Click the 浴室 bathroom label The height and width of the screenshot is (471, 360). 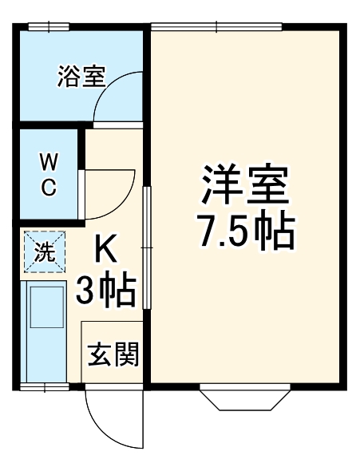click(x=81, y=77)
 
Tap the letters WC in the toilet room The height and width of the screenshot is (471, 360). click(x=49, y=176)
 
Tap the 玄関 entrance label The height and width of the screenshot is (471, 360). click(x=113, y=354)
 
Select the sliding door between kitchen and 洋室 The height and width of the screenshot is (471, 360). click(x=147, y=248)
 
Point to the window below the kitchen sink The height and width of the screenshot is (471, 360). click(x=45, y=387)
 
